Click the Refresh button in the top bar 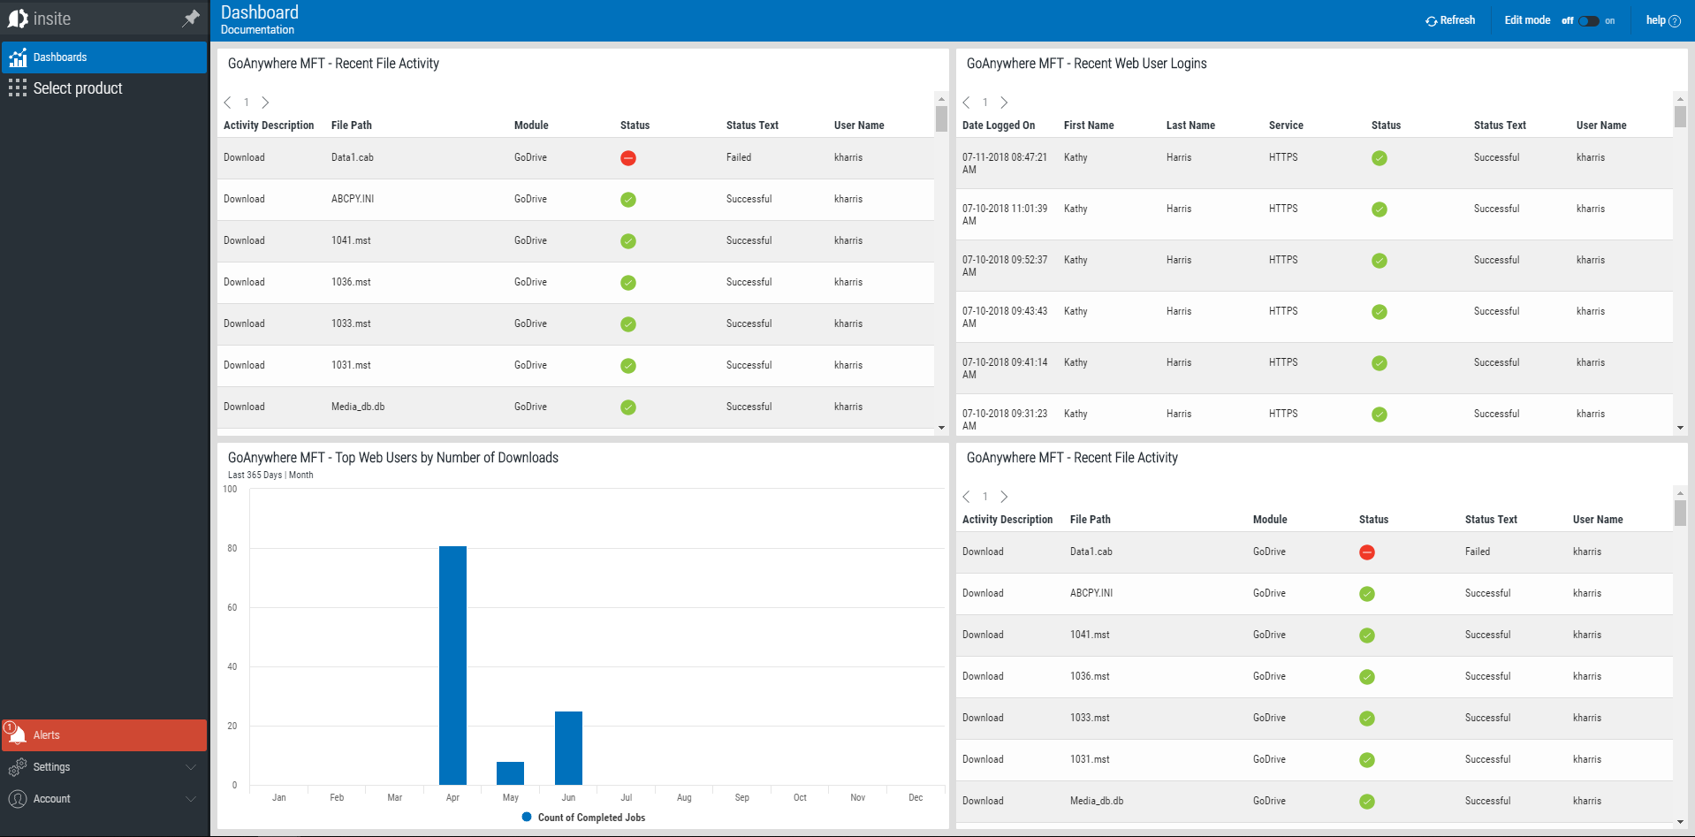[x=1450, y=20]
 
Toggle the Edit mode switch [x=1588, y=20]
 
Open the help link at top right [x=1662, y=20]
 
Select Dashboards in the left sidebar [x=60, y=57]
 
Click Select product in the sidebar [x=78, y=88]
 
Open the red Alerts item [x=47, y=735]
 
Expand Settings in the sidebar [x=51, y=767]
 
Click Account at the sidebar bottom [x=51, y=799]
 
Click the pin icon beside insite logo [x=191, y=19]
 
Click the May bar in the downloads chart [x=510, y=773]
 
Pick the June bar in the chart [x=568, y=748]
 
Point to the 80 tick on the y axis [x=232, y=548]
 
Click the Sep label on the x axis [x=741, y=797]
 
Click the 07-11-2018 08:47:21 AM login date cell [x=1004, y=164]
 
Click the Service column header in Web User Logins [x=1286, y=126]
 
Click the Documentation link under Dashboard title [x=257, y=30]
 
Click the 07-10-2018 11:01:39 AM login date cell [x=1004, y=215]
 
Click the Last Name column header [x=1190, y=126]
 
